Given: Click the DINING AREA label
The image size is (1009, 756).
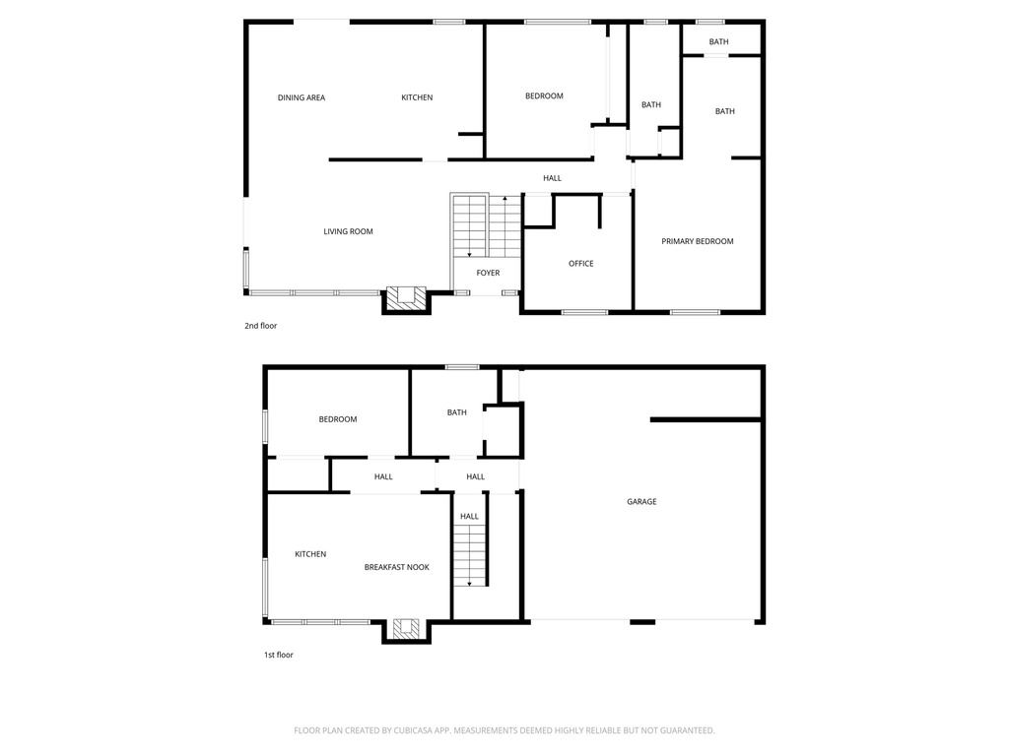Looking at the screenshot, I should pos(301,97).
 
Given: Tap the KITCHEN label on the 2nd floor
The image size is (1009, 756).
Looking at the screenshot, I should pos(417,97).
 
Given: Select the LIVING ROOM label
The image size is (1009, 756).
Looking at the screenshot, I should pos(348,231).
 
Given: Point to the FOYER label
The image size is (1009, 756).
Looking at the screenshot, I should pos(488,273).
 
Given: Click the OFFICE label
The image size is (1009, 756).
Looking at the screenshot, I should pos(580,263).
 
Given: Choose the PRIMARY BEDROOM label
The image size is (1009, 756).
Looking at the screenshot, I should pos(697,241).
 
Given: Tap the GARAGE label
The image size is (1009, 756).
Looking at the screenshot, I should pos(641,502).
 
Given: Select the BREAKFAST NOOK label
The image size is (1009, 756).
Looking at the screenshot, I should pos(396,567).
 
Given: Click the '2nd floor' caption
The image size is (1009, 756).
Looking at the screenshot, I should pos(261,325).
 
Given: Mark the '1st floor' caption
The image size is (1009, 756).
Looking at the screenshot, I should pos(278,655).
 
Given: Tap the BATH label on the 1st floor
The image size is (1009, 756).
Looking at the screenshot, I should pos(456,412).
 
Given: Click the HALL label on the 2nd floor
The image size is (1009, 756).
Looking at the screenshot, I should pos(552,178).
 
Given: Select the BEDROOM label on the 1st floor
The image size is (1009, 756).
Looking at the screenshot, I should pos(337,419).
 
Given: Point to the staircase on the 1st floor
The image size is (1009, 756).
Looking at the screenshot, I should pos(470,555).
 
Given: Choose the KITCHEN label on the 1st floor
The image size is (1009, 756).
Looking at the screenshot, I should pos(310,554).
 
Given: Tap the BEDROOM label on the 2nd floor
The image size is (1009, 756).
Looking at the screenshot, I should pos(544,95).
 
